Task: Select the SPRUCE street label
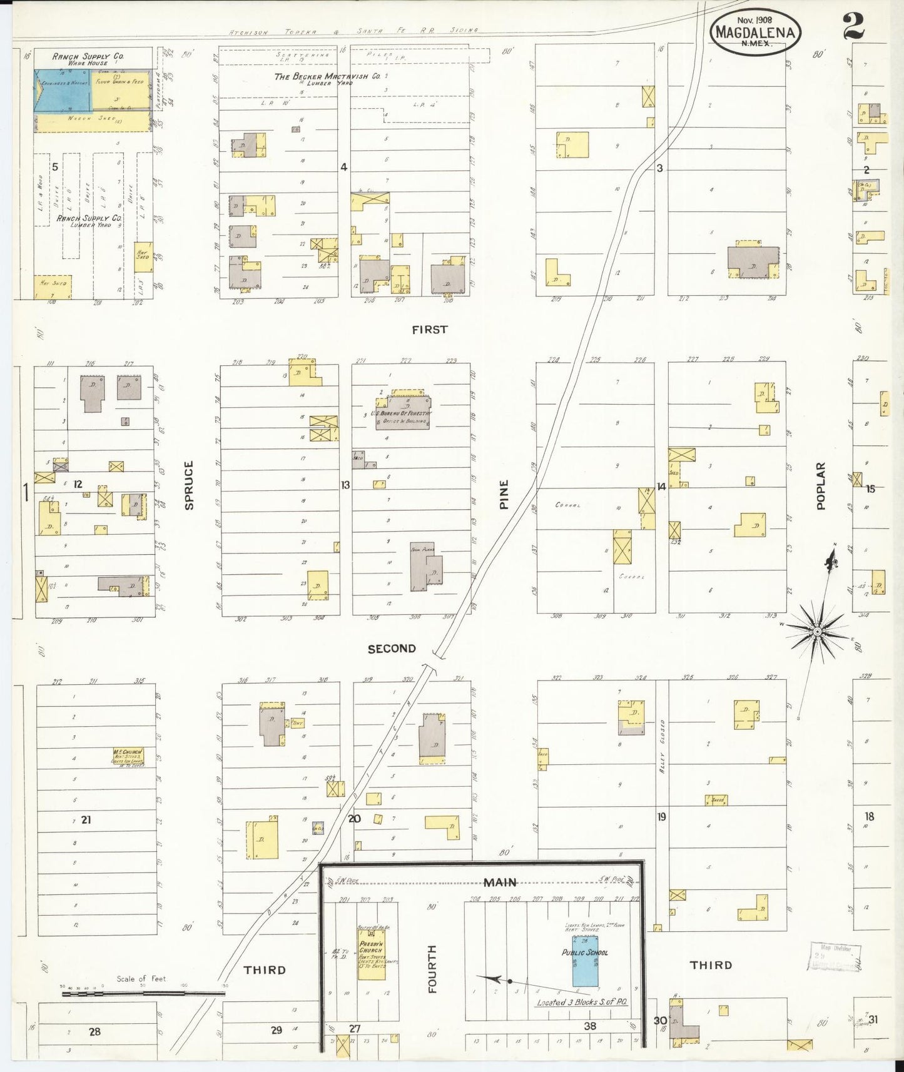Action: click(x=189, y=485)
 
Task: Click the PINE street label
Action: click(x=504, y=494)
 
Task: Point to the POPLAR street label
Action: click(x=821, y=485)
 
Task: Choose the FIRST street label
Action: click(x=430, y=330)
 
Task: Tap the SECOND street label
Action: click(x=392, y=649)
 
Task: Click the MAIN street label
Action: click(x=500, y=882)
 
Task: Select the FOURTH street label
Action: click(x=432, y=969)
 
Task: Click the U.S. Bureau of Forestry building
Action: click(x=402, y=412)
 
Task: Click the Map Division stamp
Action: click(x=835, y=955)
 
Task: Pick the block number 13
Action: click(x=345, y=485)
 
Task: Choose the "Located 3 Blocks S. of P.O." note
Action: click(x=582, y=1002)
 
